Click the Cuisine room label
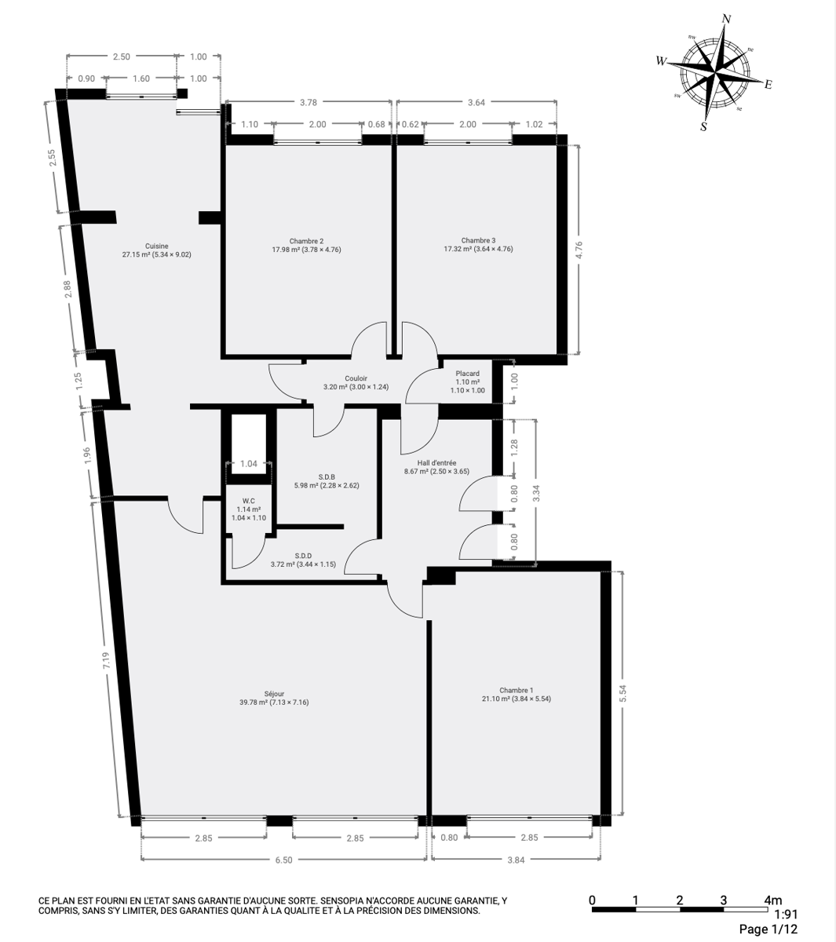point(157,246)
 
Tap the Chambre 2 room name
point(306,241)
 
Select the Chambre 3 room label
point(479,240)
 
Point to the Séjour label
point(274,694)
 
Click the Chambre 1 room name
point(517,690)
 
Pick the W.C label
point(249,501)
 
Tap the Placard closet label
point(468,374)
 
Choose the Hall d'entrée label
point(436,462)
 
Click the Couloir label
point(356,378)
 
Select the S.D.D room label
point(303,556)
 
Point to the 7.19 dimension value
point(106,661)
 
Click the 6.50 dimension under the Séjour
point(283,860)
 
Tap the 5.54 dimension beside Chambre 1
point(623,693)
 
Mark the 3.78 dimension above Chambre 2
point(308,102)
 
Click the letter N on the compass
point(727,19)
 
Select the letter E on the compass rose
point(768,84)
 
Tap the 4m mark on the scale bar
point(773,900)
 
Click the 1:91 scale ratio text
point(787,914)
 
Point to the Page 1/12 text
point(768,929)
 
